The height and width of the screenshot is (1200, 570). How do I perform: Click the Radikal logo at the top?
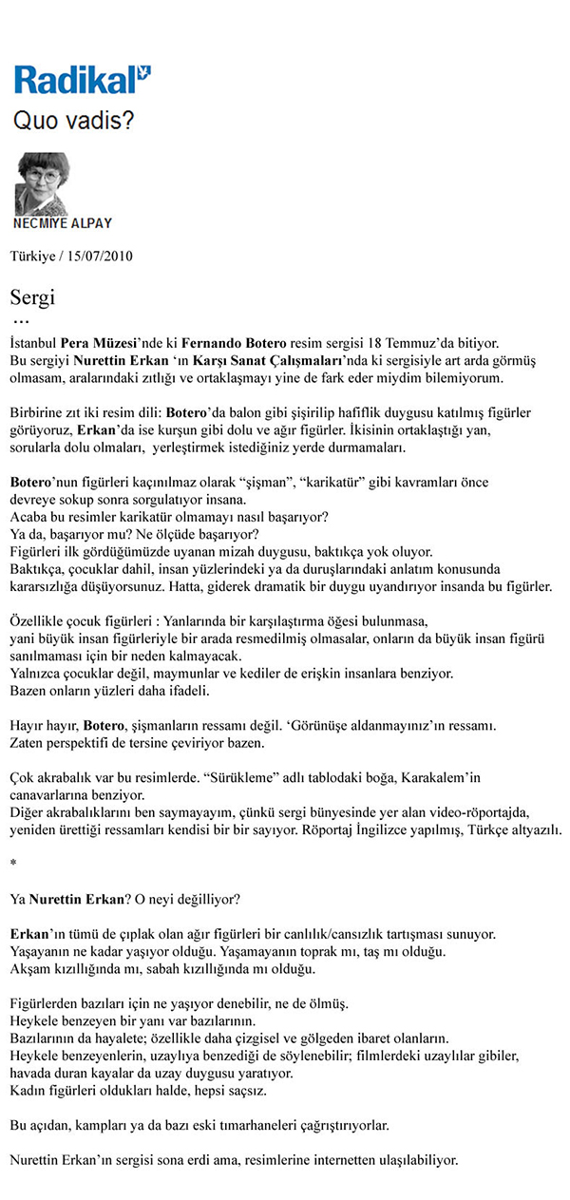[83, 79]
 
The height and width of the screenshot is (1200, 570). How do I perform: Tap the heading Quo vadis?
[72, 122]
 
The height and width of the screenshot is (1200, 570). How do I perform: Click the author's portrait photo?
[42, 183]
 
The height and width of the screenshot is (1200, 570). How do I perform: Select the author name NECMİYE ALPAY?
[63, 223]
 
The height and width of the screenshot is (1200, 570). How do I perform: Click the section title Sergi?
[32, 297]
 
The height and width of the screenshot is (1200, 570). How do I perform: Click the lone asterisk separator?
[13, 863]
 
